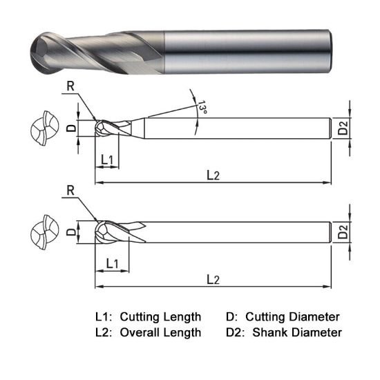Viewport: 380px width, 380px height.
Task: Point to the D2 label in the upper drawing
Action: click(x=343, y=129)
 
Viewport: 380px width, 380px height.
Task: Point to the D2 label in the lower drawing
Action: click(x=343, y=233)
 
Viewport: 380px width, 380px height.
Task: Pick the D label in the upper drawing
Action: click(x=70, y=129)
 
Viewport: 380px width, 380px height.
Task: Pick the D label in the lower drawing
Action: click(x=70, y=233)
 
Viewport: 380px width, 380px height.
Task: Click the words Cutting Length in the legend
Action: click(x=160, y=317)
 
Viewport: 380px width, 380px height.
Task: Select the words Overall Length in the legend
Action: click(x=160, y=332)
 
